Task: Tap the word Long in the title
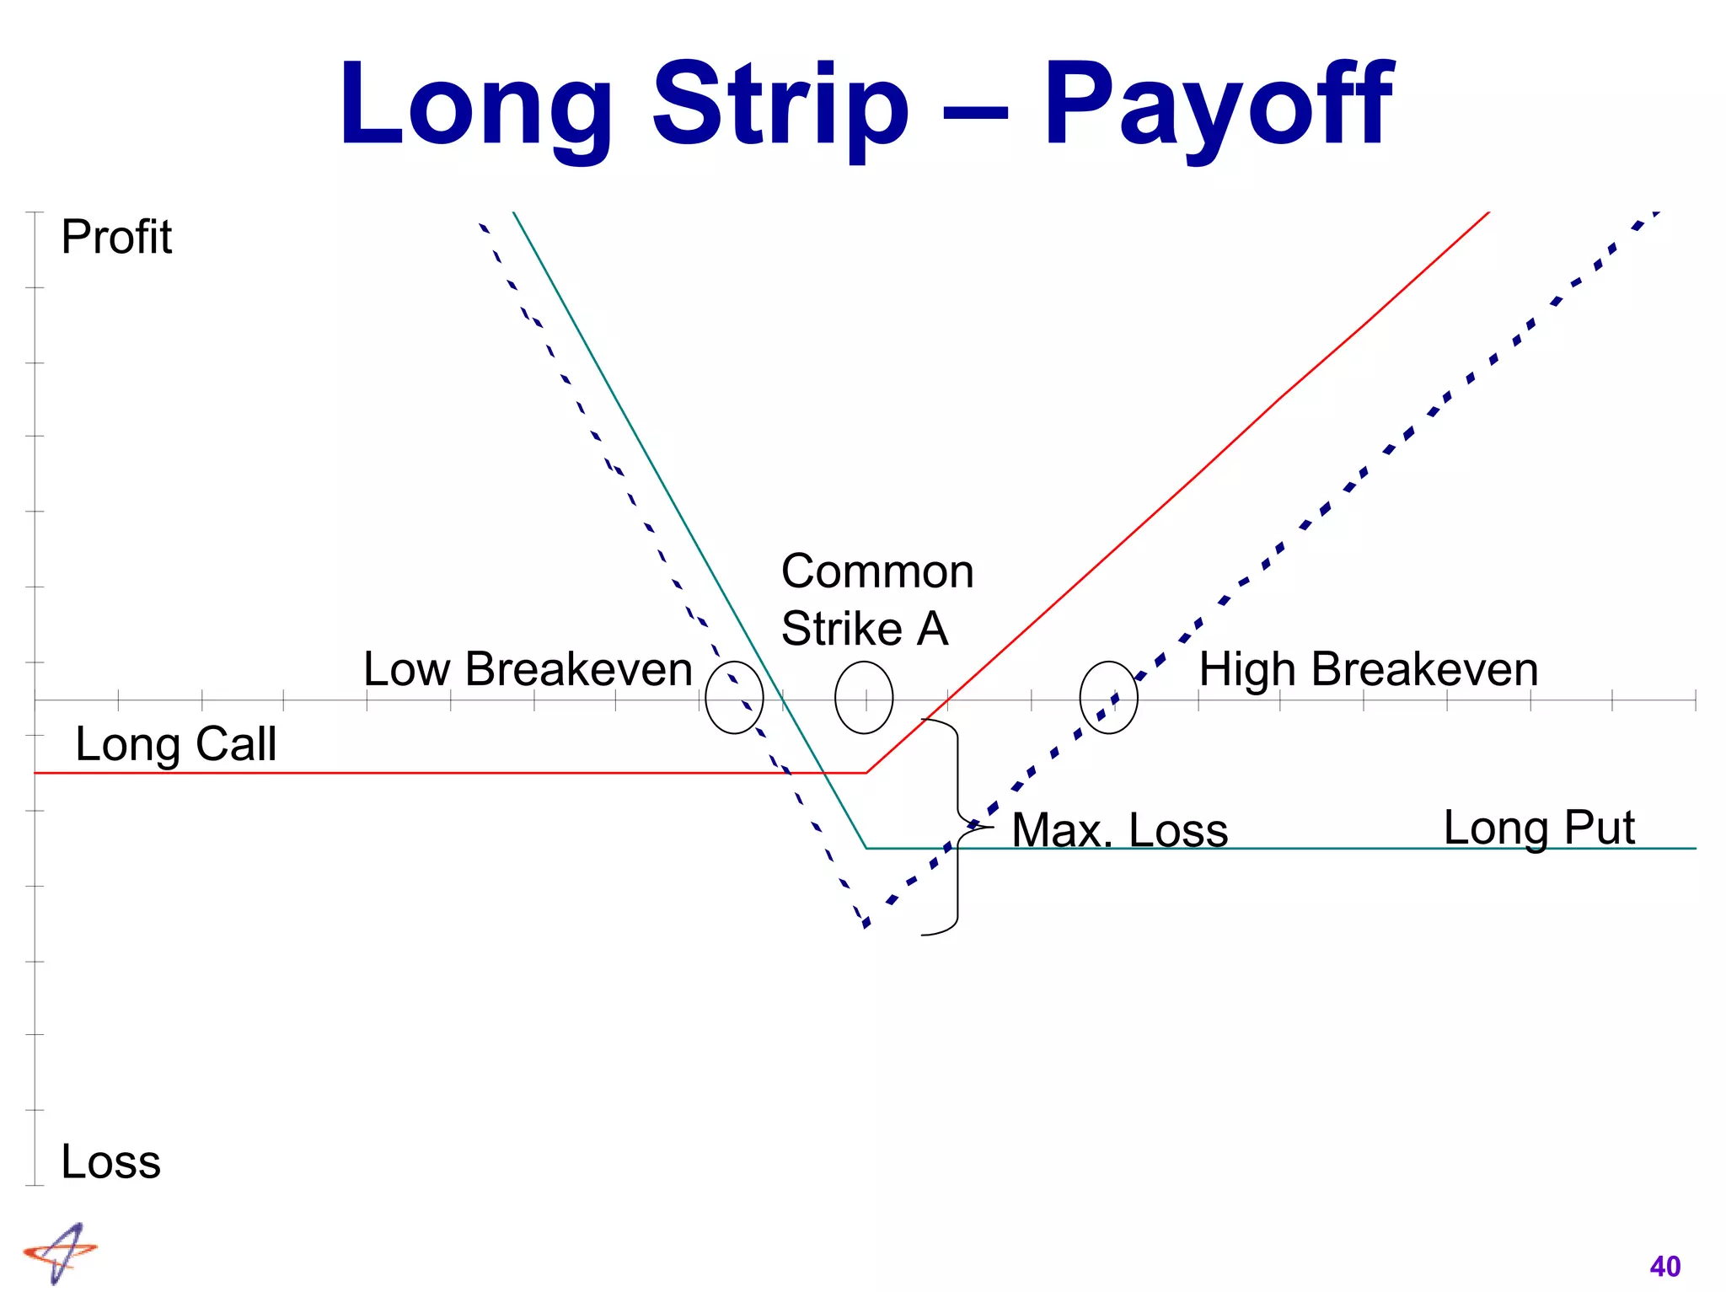[476, 105]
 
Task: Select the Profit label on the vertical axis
[116, 237]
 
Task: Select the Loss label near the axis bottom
[110, 1161]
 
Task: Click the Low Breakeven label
[528, 669]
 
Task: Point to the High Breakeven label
[1368, 670]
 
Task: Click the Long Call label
[175, 744]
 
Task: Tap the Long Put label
[1538, 828]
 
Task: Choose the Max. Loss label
[1119, 830]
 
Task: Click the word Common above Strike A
[876, 571]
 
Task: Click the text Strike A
[865, 629]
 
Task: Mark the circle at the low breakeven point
[734, 697]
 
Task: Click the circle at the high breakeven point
[1108, 697]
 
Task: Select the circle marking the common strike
[864, 697]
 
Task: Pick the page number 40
[1664, 1267]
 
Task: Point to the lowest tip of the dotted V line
[866, 925]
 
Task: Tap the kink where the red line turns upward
[866, 772]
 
